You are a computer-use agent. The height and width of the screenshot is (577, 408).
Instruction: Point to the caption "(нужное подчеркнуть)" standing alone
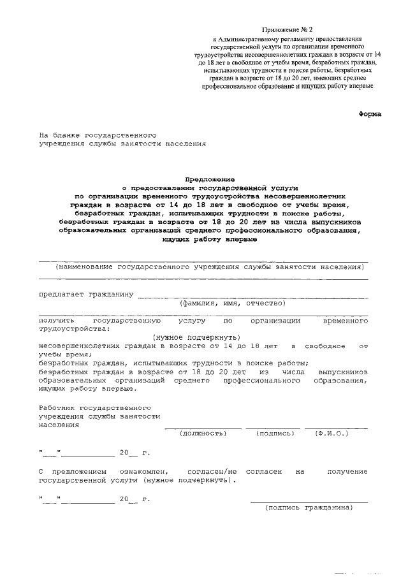pos(196,337)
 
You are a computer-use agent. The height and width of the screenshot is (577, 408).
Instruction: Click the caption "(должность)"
pos(204,433)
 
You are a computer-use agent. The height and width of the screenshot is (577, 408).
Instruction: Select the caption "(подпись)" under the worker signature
pos(275,433)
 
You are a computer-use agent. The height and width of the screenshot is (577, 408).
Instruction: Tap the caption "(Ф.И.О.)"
pos(331,433)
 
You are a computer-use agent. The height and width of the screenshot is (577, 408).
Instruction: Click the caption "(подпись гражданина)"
pos(309,508)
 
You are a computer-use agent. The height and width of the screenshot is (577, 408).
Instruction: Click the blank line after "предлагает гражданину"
pos(252,296)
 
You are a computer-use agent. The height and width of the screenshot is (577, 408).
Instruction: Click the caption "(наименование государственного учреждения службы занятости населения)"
pos(203,266)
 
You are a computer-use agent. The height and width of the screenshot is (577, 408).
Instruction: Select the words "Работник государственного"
pos(94,407)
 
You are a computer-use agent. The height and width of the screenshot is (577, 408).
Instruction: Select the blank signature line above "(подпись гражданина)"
pos(309,501)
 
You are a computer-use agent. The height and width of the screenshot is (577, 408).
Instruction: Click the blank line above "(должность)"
pos(203,427)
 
